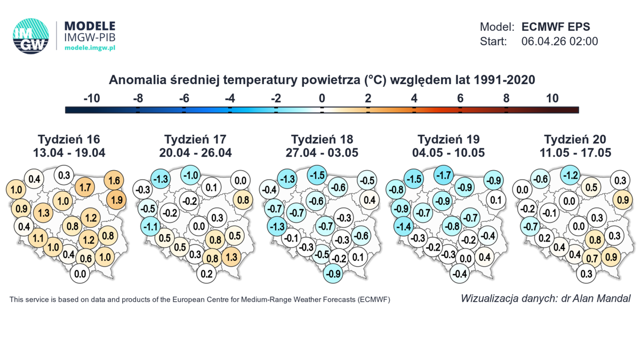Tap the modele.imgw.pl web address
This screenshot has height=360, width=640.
90,48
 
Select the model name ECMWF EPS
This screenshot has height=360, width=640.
556,27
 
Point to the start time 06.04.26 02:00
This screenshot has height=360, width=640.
559,42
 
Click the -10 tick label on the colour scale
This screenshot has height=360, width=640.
93,98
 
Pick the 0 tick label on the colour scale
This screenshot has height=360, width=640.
322,98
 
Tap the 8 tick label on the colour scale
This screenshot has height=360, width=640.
506,98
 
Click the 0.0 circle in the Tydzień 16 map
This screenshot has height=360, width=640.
80,274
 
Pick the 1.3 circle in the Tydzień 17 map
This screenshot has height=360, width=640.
231,257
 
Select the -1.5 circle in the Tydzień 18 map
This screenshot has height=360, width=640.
318,175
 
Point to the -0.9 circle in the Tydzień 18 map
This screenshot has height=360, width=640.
333,274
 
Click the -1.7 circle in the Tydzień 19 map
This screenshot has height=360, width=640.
444,175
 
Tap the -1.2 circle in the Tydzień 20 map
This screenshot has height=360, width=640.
571,175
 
